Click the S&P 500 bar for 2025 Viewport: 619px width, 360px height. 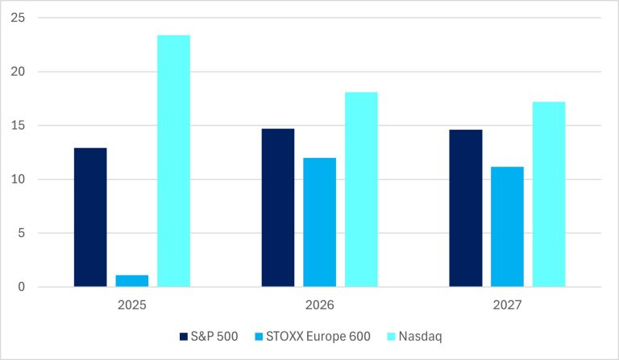[x=90, y=217]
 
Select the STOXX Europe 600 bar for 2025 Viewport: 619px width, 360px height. [x=132, y=281]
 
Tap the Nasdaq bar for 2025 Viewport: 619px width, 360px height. [x=173, y=161]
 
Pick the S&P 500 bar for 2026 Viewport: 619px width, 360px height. [x=278, y=208]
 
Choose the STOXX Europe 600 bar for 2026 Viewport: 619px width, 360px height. [x=320, y=222]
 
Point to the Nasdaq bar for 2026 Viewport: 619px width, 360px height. [x=361, y=189]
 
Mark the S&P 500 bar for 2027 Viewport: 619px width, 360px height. [x=466, y=209]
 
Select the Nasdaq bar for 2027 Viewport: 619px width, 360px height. [x=549, y=194]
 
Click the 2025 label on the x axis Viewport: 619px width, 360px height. [x=132, y=306]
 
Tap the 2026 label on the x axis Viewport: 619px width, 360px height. [x=320, y=306]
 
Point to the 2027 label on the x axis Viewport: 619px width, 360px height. [x=507, y=306]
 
